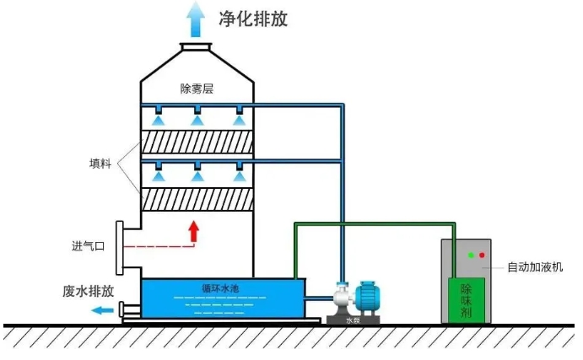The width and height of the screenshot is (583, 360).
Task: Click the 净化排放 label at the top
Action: [253, 18]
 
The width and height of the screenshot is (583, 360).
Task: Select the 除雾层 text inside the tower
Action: [197, 88]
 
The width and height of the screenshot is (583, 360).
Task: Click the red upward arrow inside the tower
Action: [195, 231]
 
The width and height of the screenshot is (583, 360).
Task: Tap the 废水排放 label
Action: [88, 291]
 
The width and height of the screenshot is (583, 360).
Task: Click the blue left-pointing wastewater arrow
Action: [103, 309]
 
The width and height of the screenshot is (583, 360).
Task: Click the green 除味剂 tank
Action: [466, 298]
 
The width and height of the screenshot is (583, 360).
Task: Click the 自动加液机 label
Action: [535, 267]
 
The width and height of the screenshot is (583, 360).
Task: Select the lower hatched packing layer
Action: [197, 200]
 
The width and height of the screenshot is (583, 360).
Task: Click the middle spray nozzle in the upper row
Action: [197, 117]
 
